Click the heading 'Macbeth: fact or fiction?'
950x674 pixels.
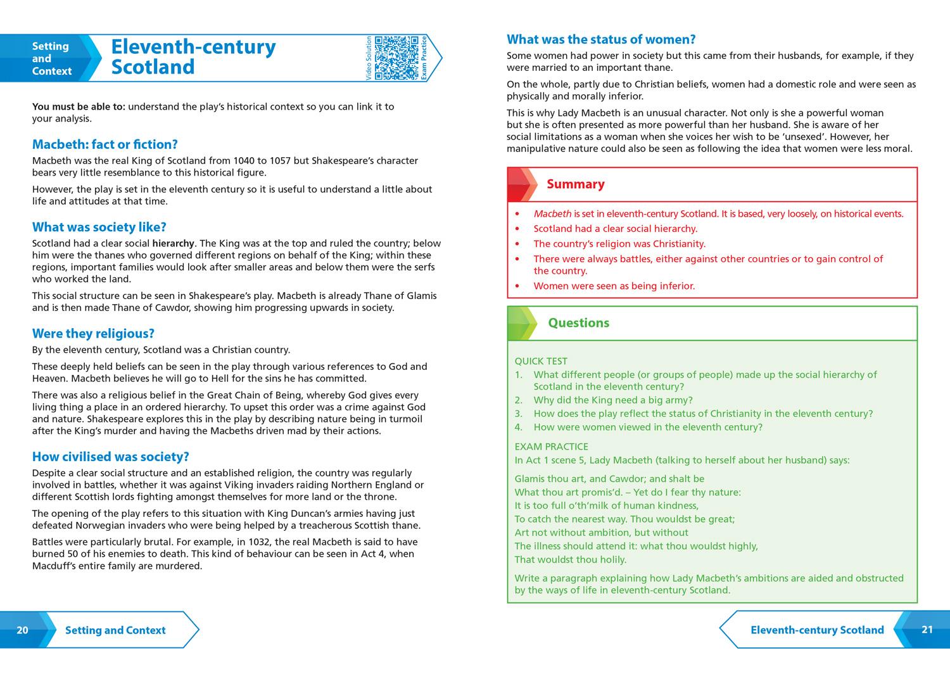(105, 144)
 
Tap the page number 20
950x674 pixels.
(22, 630)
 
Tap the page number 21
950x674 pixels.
(927, 629)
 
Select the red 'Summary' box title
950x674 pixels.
(575, 184)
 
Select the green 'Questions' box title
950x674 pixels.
(578, 323)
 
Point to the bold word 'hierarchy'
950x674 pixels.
(173, 243)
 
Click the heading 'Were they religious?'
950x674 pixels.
(93, 334)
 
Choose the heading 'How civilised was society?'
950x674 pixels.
(111, 457)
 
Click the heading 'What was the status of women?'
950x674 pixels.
(601, 39)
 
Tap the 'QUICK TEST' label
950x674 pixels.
(541, 361)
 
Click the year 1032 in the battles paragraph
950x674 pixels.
(258, 542)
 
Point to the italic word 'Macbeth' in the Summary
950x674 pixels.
(552, 214)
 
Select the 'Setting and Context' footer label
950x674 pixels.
(115, 630)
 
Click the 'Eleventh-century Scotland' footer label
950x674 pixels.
(817, 630)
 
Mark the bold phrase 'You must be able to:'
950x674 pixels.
(79, 106)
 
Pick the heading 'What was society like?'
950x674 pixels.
(99, 227)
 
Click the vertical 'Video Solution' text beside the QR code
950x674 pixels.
(369, 58)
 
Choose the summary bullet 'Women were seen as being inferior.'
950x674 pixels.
(614, 286)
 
